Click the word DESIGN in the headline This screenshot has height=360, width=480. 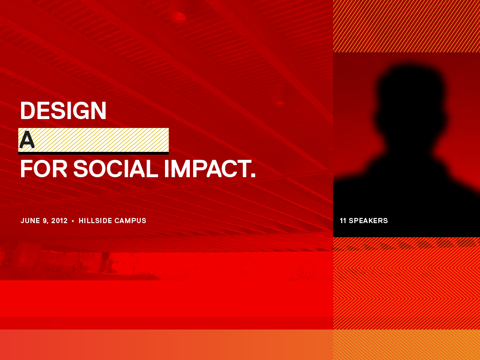tap(63, 111)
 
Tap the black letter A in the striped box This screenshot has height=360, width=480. tap(27, 140)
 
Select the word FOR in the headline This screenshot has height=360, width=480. tap(44, 169)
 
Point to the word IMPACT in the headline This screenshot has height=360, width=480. tap(207, 169)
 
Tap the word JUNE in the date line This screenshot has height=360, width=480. tap(30, 221)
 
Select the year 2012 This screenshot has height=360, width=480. tap(60, 221)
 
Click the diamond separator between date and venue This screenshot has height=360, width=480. tap(73, 221)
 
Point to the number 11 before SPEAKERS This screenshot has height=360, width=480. tap(343, 221)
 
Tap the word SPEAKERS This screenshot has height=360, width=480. tap(368, 221)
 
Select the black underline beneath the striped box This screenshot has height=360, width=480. tap(93, 153)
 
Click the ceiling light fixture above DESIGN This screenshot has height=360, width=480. tap(178, 16)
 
